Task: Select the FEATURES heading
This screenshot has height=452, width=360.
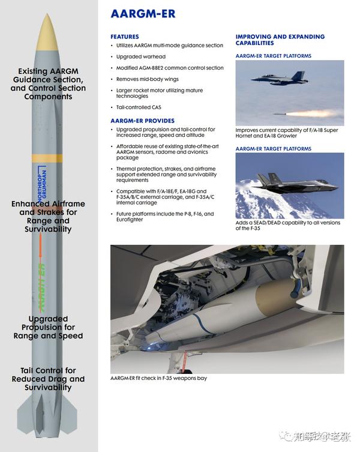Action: click(124, 37)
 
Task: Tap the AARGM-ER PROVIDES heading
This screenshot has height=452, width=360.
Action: click(142, 121)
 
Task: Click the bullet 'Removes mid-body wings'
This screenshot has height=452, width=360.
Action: click(148, 79)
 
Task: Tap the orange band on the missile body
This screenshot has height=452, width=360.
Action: click(47, 158)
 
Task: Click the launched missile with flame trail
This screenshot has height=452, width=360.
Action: click(306, 113)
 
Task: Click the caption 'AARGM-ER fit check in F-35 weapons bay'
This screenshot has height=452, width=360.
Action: click(158, 378)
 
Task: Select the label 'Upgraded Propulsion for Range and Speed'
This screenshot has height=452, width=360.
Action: click(48, 327)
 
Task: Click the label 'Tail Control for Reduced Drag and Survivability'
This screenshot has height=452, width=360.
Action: click(48, 379)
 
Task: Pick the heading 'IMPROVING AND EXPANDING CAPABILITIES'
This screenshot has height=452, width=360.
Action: click(280, 40)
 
